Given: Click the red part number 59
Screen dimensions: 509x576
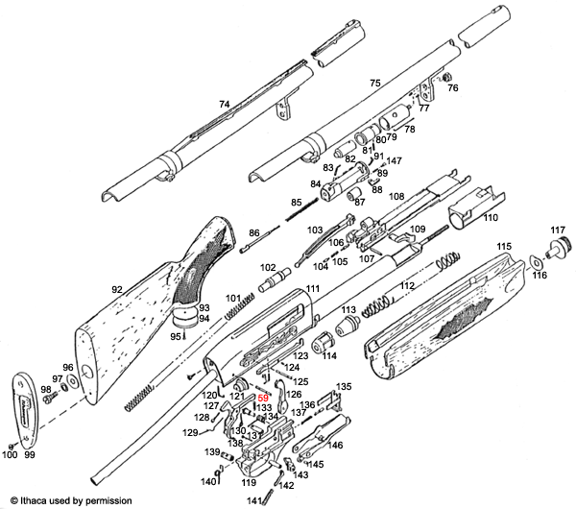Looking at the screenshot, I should click(x=261, y=397).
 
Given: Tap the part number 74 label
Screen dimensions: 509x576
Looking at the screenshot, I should click(x=225, y=104).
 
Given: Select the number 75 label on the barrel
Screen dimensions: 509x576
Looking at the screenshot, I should click(x=375, y=85).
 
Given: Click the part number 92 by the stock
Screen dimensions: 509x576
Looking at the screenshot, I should click(x=117, y=289).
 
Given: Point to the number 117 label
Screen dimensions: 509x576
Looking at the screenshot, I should click(x=557, y=230).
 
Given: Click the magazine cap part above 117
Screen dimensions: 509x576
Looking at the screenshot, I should click(x=558, y=248).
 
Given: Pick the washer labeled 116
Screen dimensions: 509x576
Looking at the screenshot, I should click(x=534, y=262).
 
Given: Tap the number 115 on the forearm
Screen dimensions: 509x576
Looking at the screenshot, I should click(x=503, y=248).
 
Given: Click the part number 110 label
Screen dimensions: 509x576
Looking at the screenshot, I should click(x=491, y=219).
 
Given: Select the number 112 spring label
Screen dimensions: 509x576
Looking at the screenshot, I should click(x=407, y=286).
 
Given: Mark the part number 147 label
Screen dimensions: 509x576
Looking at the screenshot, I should click(x=394, y=161).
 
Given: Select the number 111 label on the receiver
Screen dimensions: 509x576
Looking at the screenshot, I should click(x=312, y=290).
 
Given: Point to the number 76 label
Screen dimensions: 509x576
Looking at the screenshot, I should click(x=453, y=88).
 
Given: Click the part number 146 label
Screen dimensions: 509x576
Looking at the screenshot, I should click(x=335, y=446).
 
